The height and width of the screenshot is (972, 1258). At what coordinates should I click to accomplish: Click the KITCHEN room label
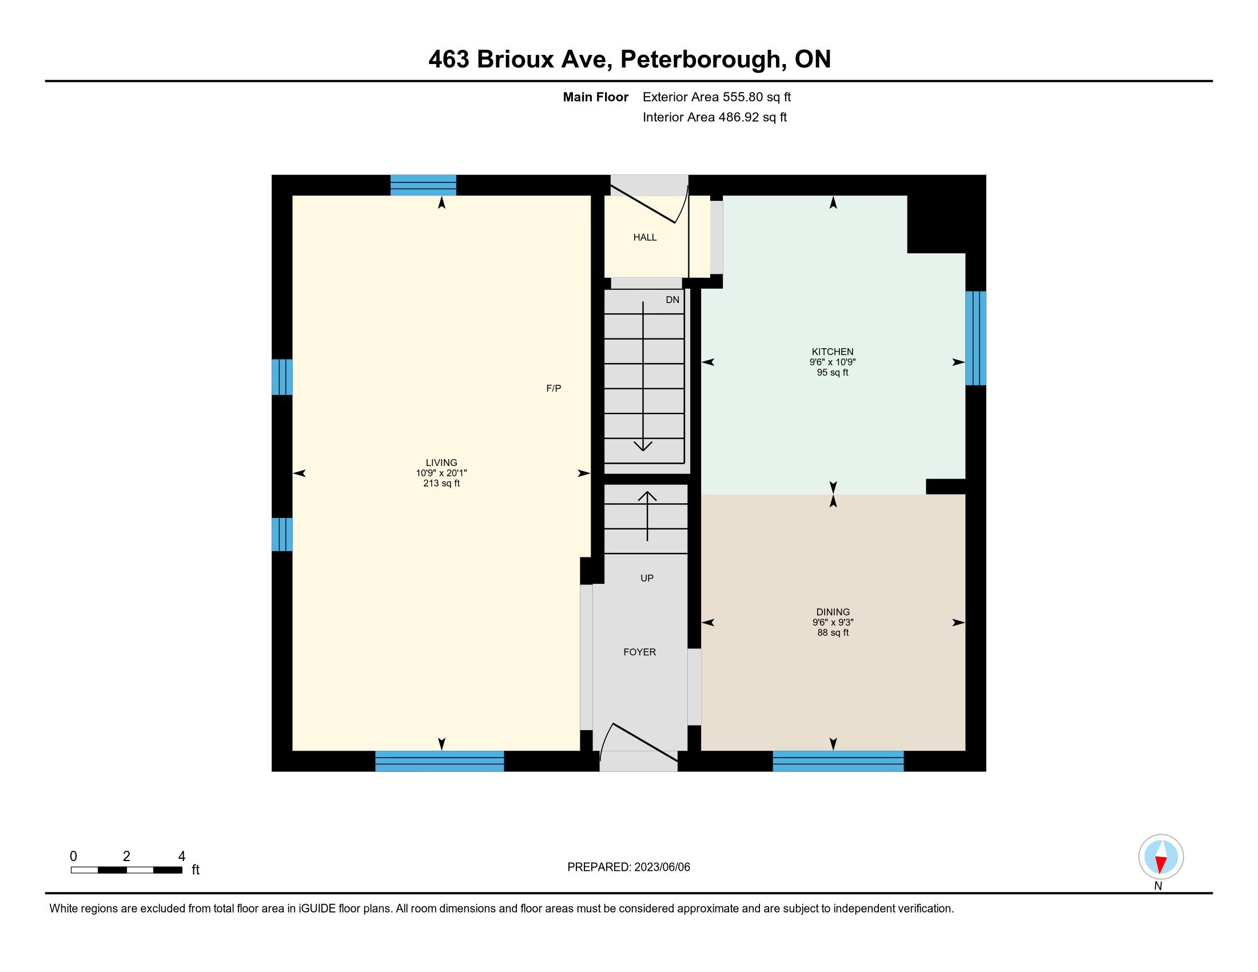coord(833,352)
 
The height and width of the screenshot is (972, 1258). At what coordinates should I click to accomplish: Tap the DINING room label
coord(833,612)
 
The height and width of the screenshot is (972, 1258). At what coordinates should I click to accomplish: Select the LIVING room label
coord(441,463)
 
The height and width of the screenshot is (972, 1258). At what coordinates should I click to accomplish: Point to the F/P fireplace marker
coord(554,389)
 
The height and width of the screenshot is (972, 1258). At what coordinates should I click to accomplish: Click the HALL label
coord(645,237)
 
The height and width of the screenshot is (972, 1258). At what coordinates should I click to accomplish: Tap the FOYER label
coord(639,652)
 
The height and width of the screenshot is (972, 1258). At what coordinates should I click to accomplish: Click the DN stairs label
coord(672,300)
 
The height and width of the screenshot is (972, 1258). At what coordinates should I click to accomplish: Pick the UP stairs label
coord(647,578)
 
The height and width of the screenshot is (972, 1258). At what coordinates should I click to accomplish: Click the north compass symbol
coord(1161,857)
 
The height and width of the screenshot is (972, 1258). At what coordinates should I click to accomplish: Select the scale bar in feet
coord(127,870)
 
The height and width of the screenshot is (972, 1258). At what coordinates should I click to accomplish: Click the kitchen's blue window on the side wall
coord(975,338)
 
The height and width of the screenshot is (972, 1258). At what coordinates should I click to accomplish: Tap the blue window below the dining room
coord(838,760)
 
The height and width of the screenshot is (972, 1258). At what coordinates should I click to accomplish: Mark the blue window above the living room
coord(423,185)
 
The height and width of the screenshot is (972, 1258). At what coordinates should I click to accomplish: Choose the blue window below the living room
coord(440,760)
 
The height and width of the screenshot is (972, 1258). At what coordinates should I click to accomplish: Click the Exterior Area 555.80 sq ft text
coord(716,97)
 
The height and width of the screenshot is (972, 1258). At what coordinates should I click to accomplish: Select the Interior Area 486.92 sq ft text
coord(715,117)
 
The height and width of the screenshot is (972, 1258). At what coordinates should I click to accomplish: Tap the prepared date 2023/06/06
coord(661,867)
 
